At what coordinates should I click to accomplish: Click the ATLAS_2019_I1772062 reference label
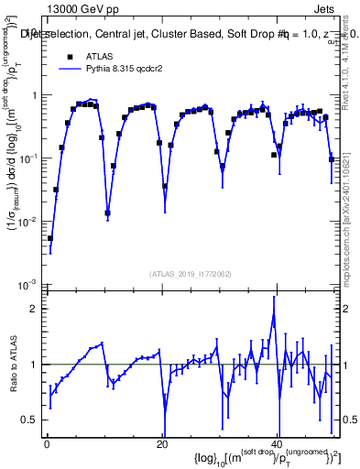click(190, 273)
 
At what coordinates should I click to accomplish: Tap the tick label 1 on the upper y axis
click(33, 96)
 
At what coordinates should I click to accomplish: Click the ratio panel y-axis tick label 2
click(33, 309)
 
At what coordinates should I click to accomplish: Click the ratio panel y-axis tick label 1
click(33, 365)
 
